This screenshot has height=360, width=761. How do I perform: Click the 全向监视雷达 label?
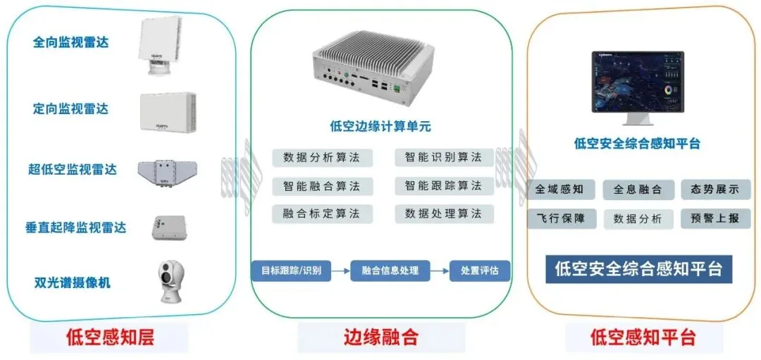coord(70,42)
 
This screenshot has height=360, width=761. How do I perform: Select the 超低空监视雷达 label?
coord(72,169)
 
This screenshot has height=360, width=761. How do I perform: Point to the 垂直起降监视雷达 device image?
coord(168,228)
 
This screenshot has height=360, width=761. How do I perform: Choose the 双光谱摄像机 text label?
coord(73,283)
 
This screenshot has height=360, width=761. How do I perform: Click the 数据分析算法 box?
coord(321,157)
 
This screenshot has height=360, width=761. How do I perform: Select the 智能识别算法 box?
coord(443,157)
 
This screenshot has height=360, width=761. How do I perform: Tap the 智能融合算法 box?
coord(321,186)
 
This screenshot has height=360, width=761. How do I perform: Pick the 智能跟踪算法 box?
coord(443,186)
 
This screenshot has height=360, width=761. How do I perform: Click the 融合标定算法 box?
coord(321,213)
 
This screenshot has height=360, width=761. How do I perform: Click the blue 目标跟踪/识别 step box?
coord(291,271)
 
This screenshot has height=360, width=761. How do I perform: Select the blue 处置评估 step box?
coord(479,271)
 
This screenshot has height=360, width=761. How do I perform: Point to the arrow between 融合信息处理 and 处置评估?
coord(440,271)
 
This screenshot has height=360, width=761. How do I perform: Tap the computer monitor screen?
coord(637,82)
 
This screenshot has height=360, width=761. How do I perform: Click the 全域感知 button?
coord(561,190)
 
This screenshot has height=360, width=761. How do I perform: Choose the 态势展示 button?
coord(715,190)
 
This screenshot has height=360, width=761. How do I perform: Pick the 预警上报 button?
coord(715,218)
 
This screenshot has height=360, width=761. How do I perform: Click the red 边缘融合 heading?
coord(380,337)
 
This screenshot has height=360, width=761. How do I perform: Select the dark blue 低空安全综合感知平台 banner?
coord(638,269)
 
